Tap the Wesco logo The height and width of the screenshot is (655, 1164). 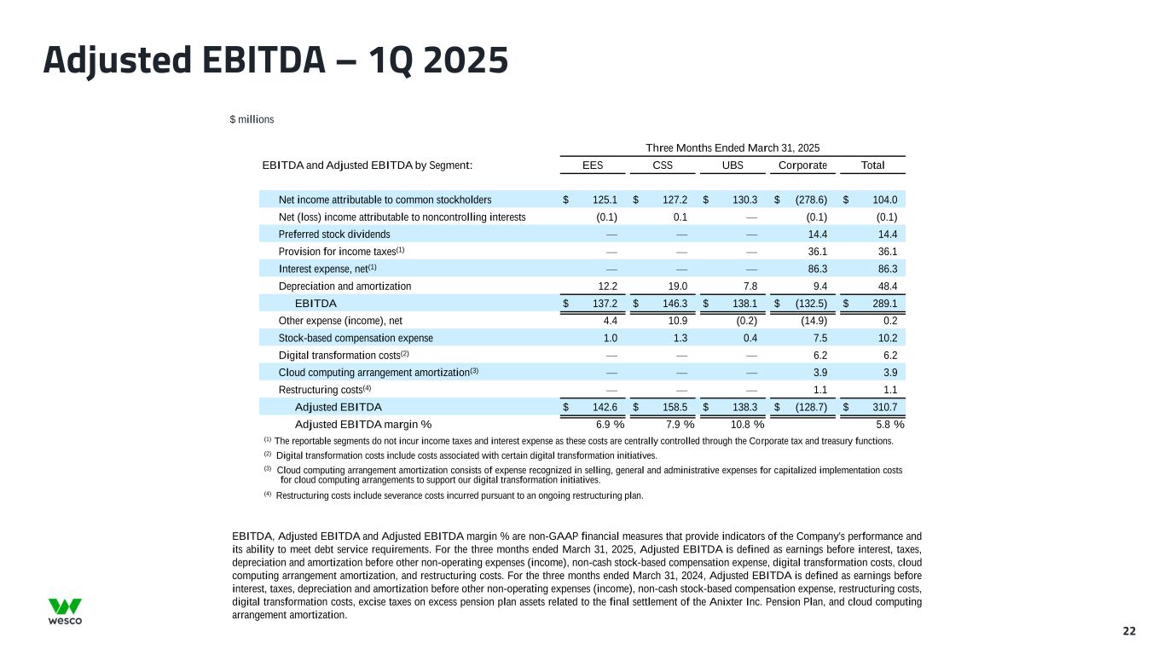pos(65,611)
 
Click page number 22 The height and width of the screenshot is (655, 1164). pos(1129,631)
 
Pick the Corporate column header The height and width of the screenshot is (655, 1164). pos(802,165)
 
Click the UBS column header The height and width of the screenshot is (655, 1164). pos(733,165)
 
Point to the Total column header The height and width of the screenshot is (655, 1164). pos(872,165)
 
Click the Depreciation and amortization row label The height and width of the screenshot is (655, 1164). pos(345,287)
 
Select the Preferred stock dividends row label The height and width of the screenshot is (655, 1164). pos(334,235)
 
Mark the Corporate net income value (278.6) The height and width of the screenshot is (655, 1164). pos(809,200)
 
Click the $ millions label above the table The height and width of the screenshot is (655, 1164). pos(252,119)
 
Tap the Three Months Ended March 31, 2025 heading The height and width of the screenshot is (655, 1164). pos(733,148)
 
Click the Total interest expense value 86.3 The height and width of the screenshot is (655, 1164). pos(884,269)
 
